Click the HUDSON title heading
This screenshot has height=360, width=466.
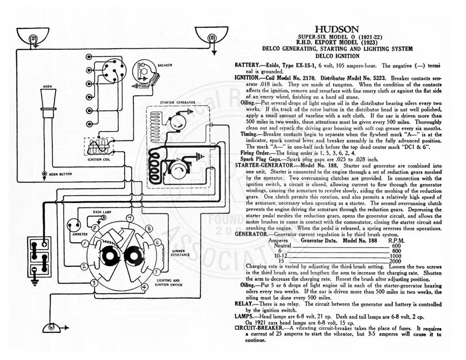tap(337, 30)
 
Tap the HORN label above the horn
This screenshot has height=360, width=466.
tap(47, 86)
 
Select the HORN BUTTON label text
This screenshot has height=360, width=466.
tap(61, 174)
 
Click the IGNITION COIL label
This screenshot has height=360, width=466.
tap(99, 160)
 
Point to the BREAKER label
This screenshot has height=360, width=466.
tap(165, 66)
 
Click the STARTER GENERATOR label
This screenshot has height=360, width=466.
tap(178, 102)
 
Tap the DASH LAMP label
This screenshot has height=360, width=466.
tap(102, 212)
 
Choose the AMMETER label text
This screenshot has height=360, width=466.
tap(80, 234)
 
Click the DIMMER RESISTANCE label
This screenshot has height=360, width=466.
tap(180, 253)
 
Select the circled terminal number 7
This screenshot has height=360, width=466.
tap(130, 218)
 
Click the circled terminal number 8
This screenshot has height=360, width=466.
tap(149, 229)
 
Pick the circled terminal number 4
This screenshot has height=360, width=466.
tap(144, 287)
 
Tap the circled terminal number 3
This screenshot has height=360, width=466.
tap(94, 283)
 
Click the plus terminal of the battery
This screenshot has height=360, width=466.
tap(44, 244)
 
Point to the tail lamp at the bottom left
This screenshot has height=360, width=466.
tap(52, 327)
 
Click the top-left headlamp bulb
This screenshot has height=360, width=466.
tap(33, 39)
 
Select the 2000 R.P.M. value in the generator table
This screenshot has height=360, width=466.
tap(395, 261)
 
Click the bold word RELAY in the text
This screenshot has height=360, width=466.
tap(243, 304)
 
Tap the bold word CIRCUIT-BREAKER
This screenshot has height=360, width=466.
tap(259, 328)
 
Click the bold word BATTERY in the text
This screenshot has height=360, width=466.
tap(247, 65)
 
